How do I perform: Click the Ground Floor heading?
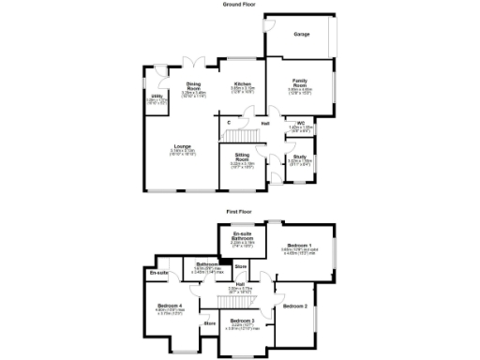(240, 5)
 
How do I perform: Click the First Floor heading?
(240, 212)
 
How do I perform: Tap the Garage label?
(302, 34)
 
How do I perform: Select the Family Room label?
(300, 82)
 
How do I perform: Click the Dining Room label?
(194, 85)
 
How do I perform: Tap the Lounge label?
(183, 145)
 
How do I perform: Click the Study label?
(300, 157)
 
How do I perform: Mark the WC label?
(301, 122)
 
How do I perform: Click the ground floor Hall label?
(266, 122)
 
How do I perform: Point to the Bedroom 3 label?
(242, 321)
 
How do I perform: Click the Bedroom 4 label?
(170, 307)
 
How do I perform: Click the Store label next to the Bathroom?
(240, 267)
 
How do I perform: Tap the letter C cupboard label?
(229, 122)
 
